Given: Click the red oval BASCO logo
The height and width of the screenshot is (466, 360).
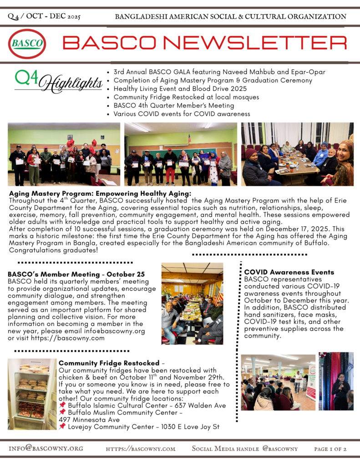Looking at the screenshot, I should (x=27, y=44).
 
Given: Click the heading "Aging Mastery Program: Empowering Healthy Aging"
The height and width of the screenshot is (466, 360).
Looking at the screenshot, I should (x=100, y=193).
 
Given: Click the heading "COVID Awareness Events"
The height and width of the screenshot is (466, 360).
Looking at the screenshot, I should (x=289, y=272).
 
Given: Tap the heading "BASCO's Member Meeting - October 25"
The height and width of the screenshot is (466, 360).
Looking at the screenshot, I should (x=76, y=274).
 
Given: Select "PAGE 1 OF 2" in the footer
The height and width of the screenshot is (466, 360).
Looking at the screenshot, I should (x=330, y=449).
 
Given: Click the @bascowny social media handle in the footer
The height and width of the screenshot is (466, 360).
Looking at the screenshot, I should (x=280, y=449).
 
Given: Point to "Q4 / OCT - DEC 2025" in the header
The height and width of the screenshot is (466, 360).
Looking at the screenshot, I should (x=44, y=17).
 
